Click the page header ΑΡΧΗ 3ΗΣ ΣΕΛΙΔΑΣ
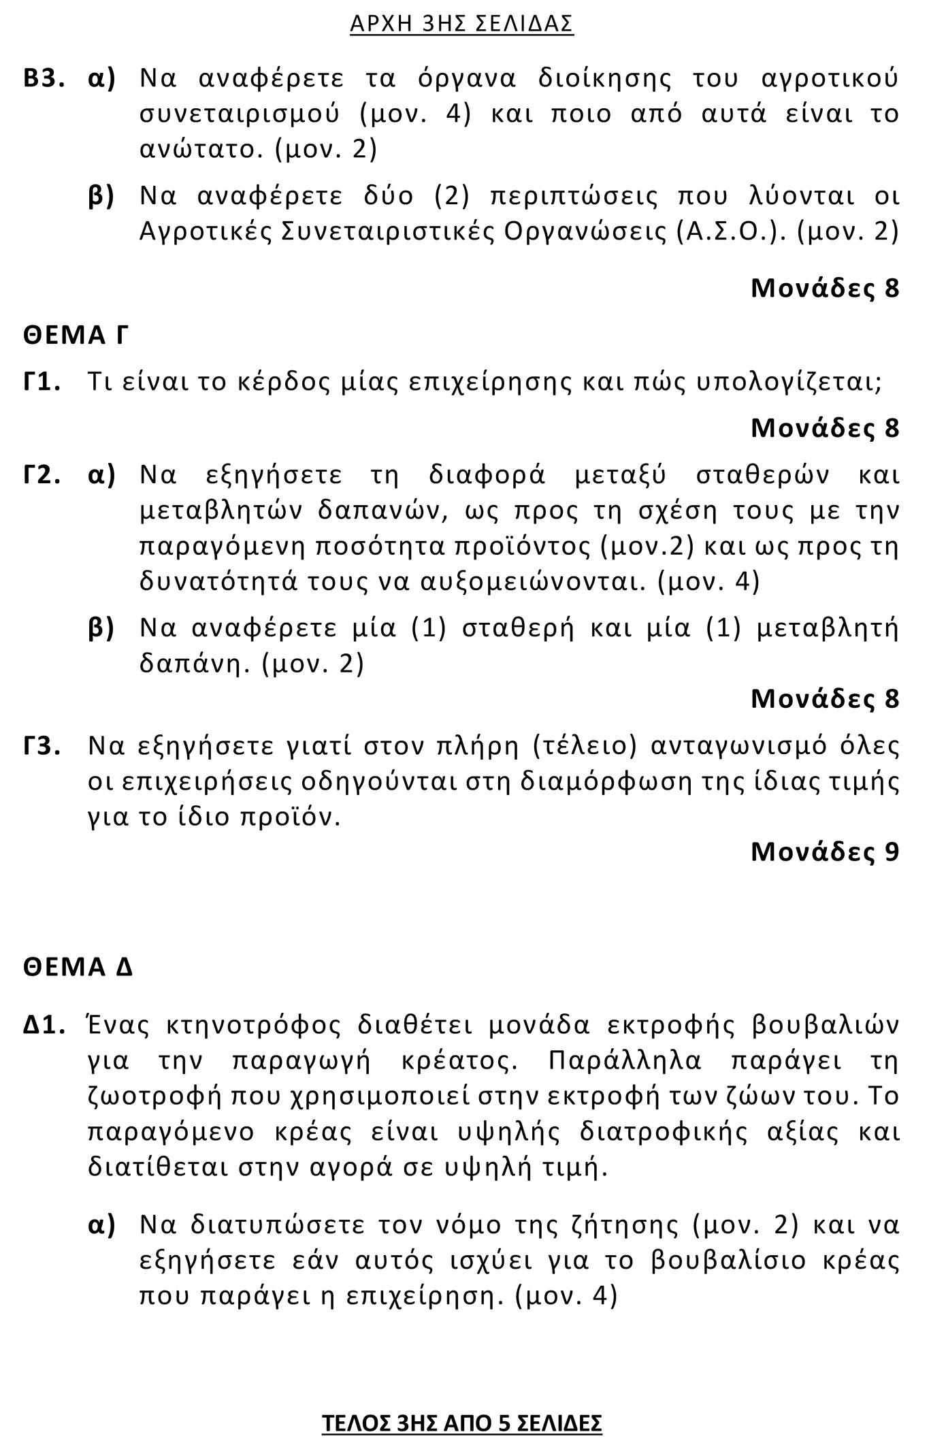[x=461, y=25]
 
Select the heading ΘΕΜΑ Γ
[x=76, y=336]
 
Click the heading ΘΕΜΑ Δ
[x=78, y=967]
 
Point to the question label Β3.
[x=44, y=79]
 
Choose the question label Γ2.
[x=42, y=474]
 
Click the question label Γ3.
[x=42, y=746]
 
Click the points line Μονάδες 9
[x=825, y=851]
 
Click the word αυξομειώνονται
[x=532, y=582]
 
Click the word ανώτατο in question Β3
[x=201, y=149]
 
